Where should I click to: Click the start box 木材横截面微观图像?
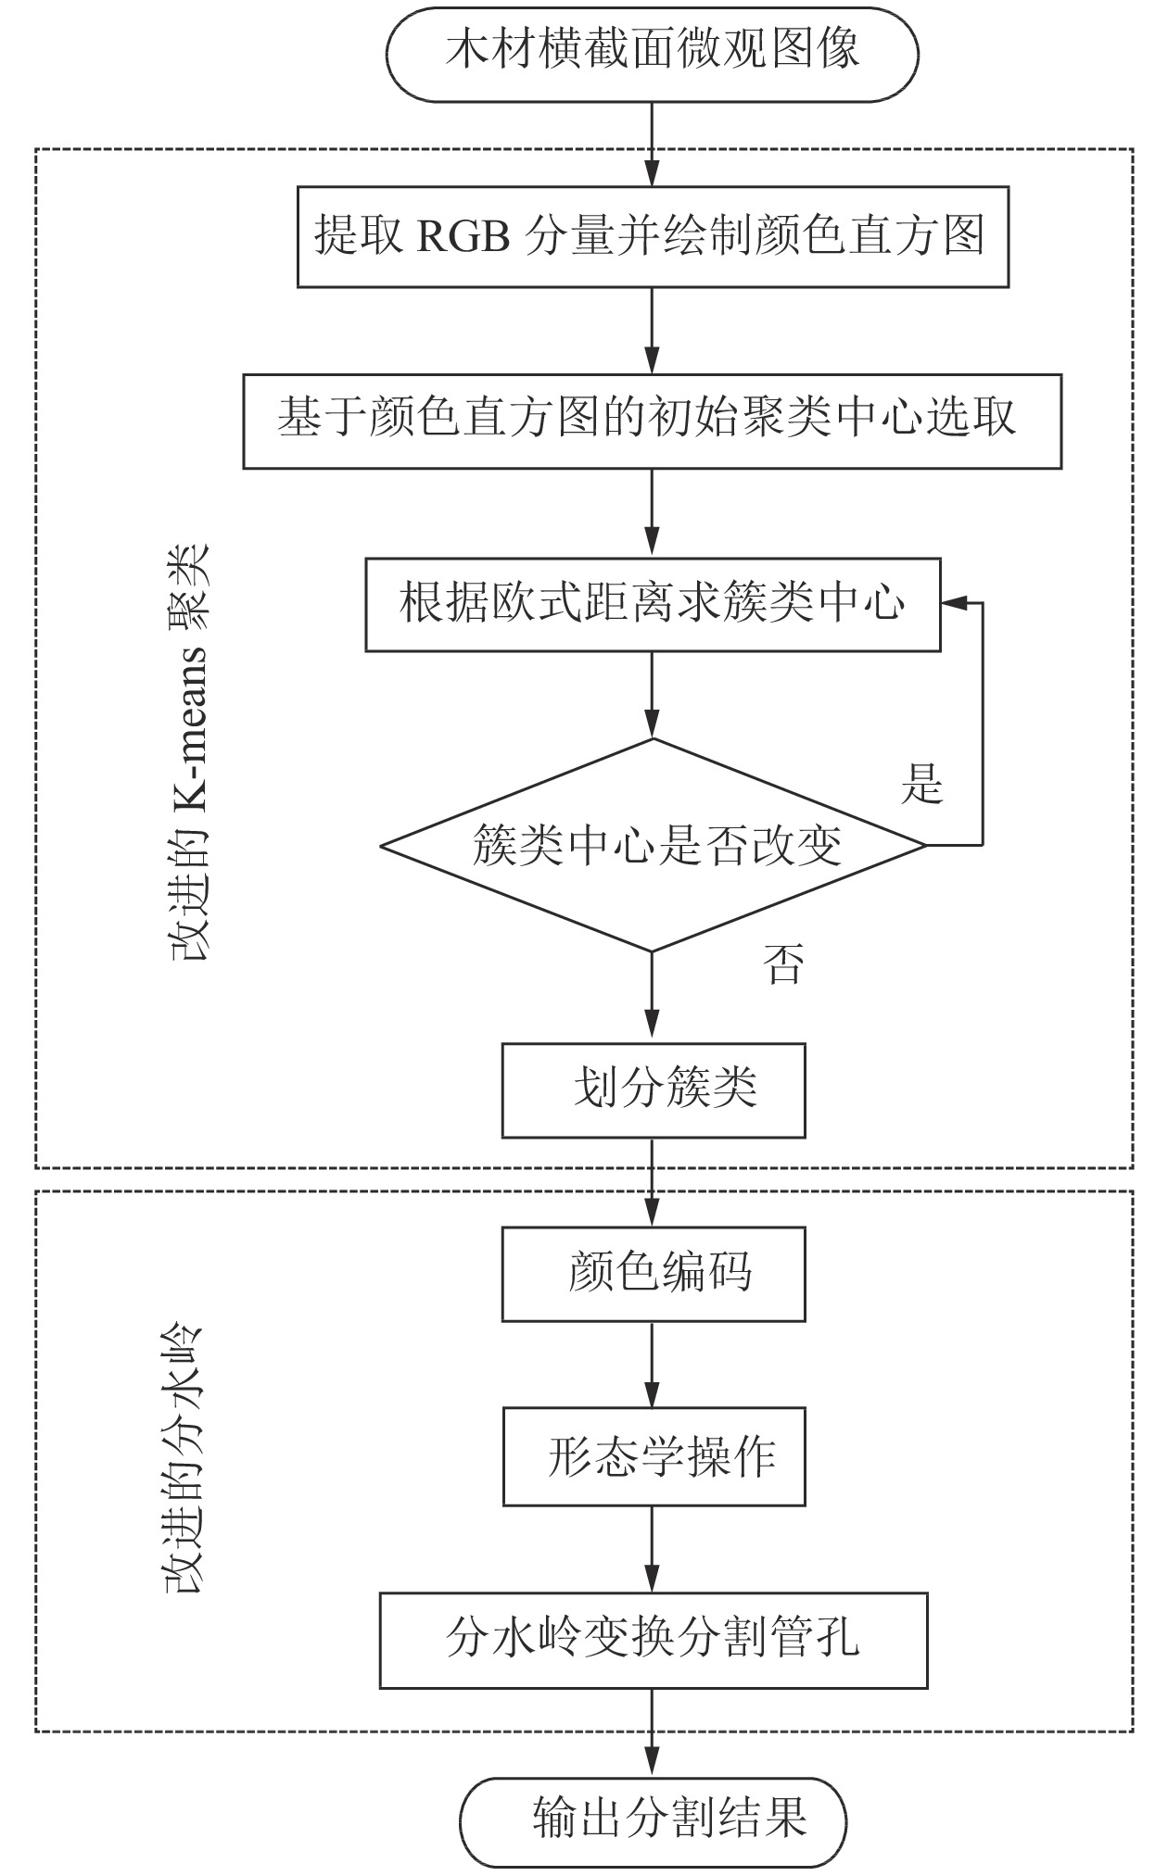coord(652,51)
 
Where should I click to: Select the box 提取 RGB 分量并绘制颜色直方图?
coord(652,237)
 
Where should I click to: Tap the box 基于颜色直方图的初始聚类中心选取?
coord(652,422)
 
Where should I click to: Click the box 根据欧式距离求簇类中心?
coord(652,604)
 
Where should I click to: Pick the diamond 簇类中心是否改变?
coord(654,845)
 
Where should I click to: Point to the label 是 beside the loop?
coord(921,784)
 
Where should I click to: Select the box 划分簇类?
coord(653,1090)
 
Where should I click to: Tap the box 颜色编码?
coord(653,1274)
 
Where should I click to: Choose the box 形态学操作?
coord(653,1457)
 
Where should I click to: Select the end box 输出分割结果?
coord(654,1821)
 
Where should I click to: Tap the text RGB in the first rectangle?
coord(463,237)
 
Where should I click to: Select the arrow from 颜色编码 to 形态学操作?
coord(653,1364)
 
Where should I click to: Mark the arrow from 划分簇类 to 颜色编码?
coord(653,1182)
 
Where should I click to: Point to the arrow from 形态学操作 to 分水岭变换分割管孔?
coord(653,1549)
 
